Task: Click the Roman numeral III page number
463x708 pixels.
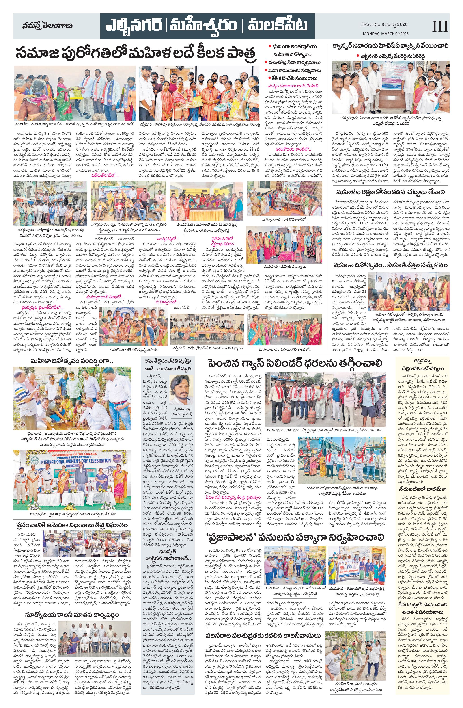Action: [x=439, y=26]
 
